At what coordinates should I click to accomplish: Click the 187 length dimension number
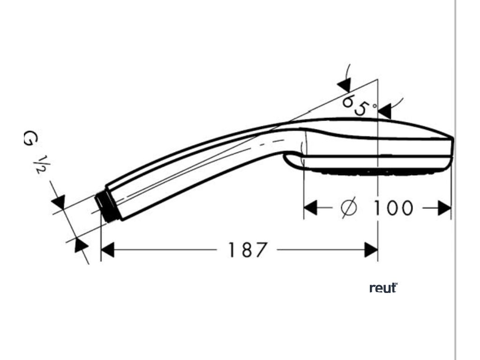[247, 249]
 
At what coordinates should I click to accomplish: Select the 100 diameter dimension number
[393, 208]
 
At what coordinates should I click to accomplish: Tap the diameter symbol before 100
[349, 208]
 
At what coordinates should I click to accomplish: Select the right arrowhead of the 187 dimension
[371, 250]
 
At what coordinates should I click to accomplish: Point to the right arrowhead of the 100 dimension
[444, 208]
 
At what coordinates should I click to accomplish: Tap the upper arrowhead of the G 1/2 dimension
[59, 202]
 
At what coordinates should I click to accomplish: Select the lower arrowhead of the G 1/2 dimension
[81, 245]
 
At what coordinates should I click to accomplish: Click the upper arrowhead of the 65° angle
[344, 85]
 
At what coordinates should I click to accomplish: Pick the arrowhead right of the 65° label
[384, 112]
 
